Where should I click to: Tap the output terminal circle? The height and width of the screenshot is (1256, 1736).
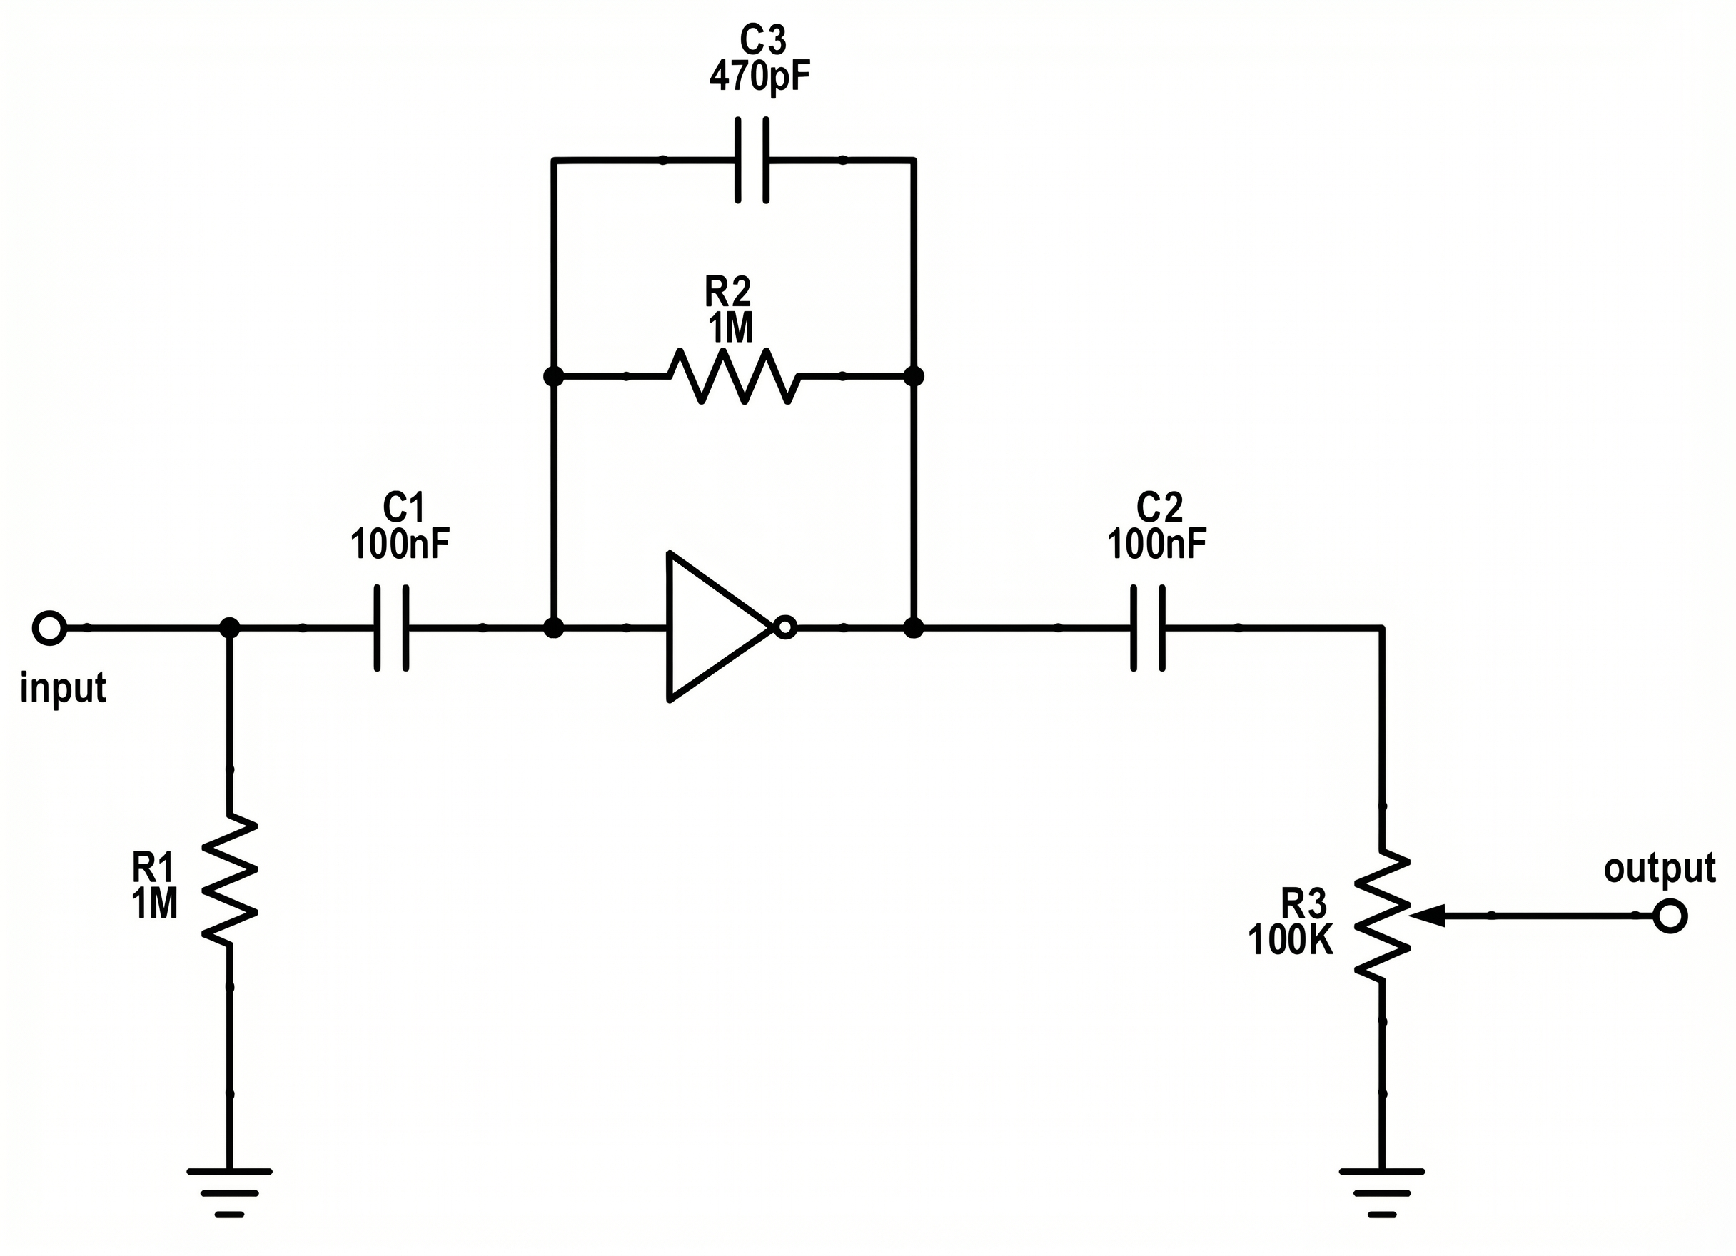[x=1670, y=916]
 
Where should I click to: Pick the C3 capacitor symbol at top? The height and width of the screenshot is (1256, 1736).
[x=752, y=160]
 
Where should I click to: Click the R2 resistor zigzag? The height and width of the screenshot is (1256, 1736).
[x=734, y=376]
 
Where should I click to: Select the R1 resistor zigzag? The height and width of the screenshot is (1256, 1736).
[x=229, y=879]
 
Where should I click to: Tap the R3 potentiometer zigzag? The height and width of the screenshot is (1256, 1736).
[x=1382, y=916]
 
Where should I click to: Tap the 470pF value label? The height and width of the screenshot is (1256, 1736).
[x=759, y=76]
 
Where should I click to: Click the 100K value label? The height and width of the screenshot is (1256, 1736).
[x=1291, y=941]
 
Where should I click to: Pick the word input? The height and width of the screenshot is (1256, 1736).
[x=63, y=688]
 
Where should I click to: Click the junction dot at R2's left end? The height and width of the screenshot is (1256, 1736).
[x=553, y=376]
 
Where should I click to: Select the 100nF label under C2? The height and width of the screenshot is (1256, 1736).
[x=1156, y=545]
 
